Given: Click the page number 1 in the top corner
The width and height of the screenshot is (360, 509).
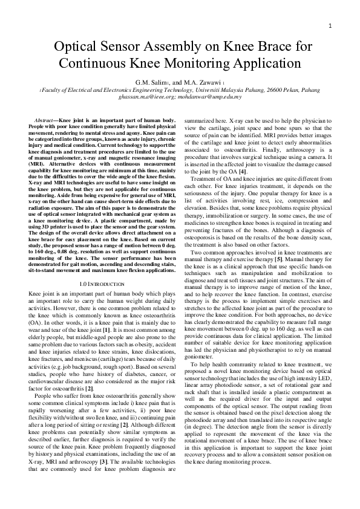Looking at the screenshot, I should click(331, 25).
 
